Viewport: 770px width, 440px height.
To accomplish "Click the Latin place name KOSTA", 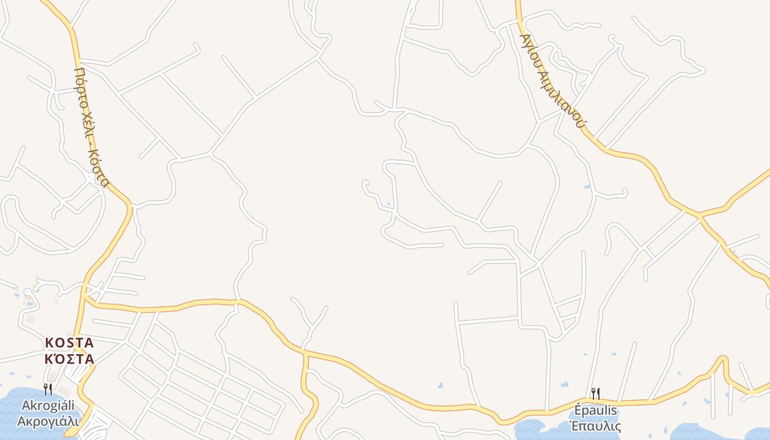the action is (x=69, y=343).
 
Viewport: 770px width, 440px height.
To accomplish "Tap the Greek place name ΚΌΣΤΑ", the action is (x=69, y=360).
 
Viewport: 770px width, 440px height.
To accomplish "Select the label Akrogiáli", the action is (x=48, y=406).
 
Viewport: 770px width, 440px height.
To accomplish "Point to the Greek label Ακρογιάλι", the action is (x=48, y=421).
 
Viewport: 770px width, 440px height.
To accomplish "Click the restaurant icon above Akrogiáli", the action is (x=48, y=389).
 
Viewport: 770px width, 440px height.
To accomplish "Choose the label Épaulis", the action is (x=595, y=411).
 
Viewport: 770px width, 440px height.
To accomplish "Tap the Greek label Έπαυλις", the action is (x=595, y=426).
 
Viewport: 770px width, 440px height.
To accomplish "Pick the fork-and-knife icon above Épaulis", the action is (x=595, y=393).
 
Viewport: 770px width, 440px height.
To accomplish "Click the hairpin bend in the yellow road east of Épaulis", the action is (x=724, y=360).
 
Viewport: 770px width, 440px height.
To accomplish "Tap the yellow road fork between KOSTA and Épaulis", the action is (x=306, y=353).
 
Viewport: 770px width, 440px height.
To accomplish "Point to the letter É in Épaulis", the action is (x=577, y=411).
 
